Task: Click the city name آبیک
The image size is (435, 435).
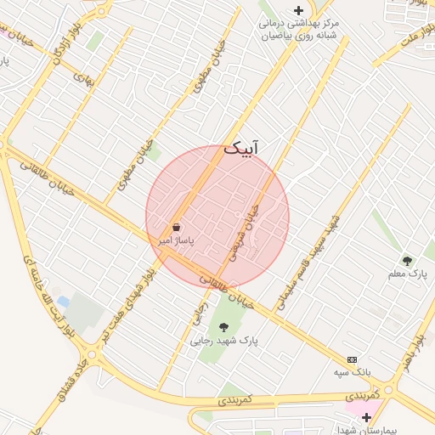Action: (x=241, y=148)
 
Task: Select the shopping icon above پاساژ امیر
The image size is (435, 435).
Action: (x=176, y=228)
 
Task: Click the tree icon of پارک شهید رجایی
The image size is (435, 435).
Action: (x=223, y=326)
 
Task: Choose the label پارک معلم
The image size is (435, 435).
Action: (x=409, y=274)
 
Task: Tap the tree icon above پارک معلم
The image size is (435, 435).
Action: (x=408, y=260)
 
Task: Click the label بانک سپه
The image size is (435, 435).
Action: (x=352, y=372)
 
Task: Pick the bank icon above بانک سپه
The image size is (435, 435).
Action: (x=352, y=359)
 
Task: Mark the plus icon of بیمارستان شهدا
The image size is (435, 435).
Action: (x=366, y=417)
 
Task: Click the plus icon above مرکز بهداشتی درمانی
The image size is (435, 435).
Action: (x=297, y=10)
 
